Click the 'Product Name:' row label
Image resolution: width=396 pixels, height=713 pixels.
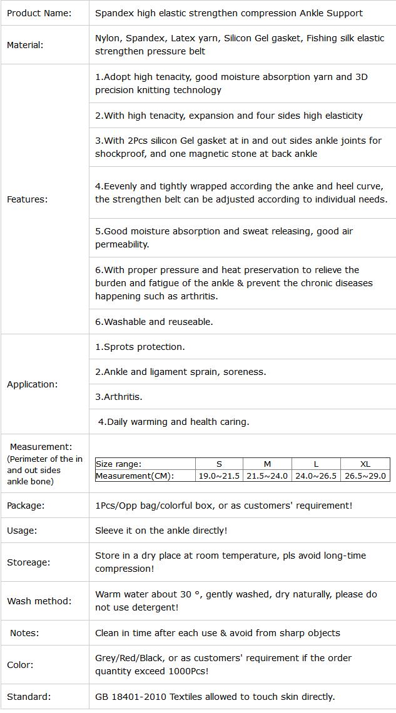coord(39,12)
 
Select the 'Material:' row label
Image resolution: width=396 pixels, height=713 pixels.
coord(25,45)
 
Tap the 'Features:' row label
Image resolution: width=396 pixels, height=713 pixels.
coord(27,199)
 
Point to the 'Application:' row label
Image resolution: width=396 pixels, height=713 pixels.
coord(32,384)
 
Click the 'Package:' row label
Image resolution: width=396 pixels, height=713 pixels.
coord(26,506)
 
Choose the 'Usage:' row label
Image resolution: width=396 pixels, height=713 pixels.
coord(22,531)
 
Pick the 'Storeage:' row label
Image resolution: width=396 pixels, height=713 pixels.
coord(28,562)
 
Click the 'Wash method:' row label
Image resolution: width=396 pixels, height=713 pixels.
coord(39,601)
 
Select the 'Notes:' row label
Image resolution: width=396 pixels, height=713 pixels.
coord(24,633)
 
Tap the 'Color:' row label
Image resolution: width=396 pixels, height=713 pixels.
coord(21,665)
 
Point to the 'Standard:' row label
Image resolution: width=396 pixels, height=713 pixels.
coord(29,697)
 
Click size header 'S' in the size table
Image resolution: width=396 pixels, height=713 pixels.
coord(219,464)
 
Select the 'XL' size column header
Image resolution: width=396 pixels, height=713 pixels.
coord(365,464)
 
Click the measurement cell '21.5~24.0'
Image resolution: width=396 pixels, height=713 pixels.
coord(267,476)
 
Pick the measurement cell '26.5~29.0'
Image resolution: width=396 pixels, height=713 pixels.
coord(365,476)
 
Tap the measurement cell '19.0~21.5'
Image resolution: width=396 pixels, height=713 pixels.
coord(219,476)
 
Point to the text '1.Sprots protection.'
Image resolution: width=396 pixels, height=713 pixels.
coord(140,347)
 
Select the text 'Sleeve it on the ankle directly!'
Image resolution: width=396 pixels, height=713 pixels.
coord(161,531)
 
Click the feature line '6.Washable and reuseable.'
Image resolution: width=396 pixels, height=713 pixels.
coord(154,322)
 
